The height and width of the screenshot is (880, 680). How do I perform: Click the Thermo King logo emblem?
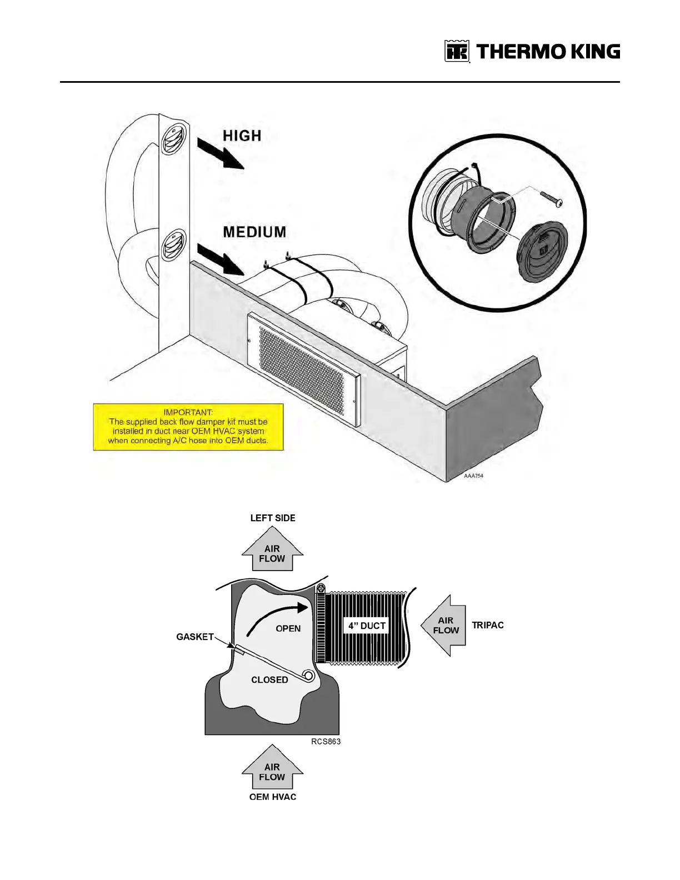tap(457, 52)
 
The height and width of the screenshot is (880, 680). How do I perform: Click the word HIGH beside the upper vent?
tap(242, 136)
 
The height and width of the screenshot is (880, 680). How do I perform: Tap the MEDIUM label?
tap(254, 232)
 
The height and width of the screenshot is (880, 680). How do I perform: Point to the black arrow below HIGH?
tap(221, 154)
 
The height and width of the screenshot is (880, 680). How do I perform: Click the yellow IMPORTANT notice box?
tap(188, 427)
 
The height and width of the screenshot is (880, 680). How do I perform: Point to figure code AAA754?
tap(473, 476)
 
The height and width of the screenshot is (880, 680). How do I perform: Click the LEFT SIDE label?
tap(273, 518)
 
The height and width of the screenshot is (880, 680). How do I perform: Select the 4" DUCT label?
tap(367, 626)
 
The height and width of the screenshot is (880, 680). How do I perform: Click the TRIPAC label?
tap(488, 625)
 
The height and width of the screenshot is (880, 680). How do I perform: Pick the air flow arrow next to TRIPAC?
tap(444, 626)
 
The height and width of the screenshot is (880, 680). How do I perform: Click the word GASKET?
tap(195, 637)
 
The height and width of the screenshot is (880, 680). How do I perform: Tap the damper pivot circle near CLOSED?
tap(308, 676)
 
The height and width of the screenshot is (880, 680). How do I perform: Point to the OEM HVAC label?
tap(273, 797)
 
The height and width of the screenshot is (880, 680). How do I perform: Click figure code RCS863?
tap(326, 741)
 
